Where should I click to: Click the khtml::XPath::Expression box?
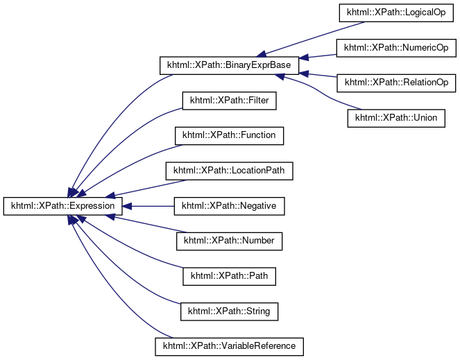(63, 206)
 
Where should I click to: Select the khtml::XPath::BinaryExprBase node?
(229, 66)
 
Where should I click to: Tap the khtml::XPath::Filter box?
(229, 101)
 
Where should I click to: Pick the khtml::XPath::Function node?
(229, 135)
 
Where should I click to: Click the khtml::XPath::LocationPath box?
(229, 170)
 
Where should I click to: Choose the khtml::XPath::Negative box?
(229, 206)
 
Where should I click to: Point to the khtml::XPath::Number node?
(229, 241)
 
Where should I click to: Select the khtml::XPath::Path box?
(229, 276)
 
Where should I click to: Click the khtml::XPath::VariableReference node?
(229, 345)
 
